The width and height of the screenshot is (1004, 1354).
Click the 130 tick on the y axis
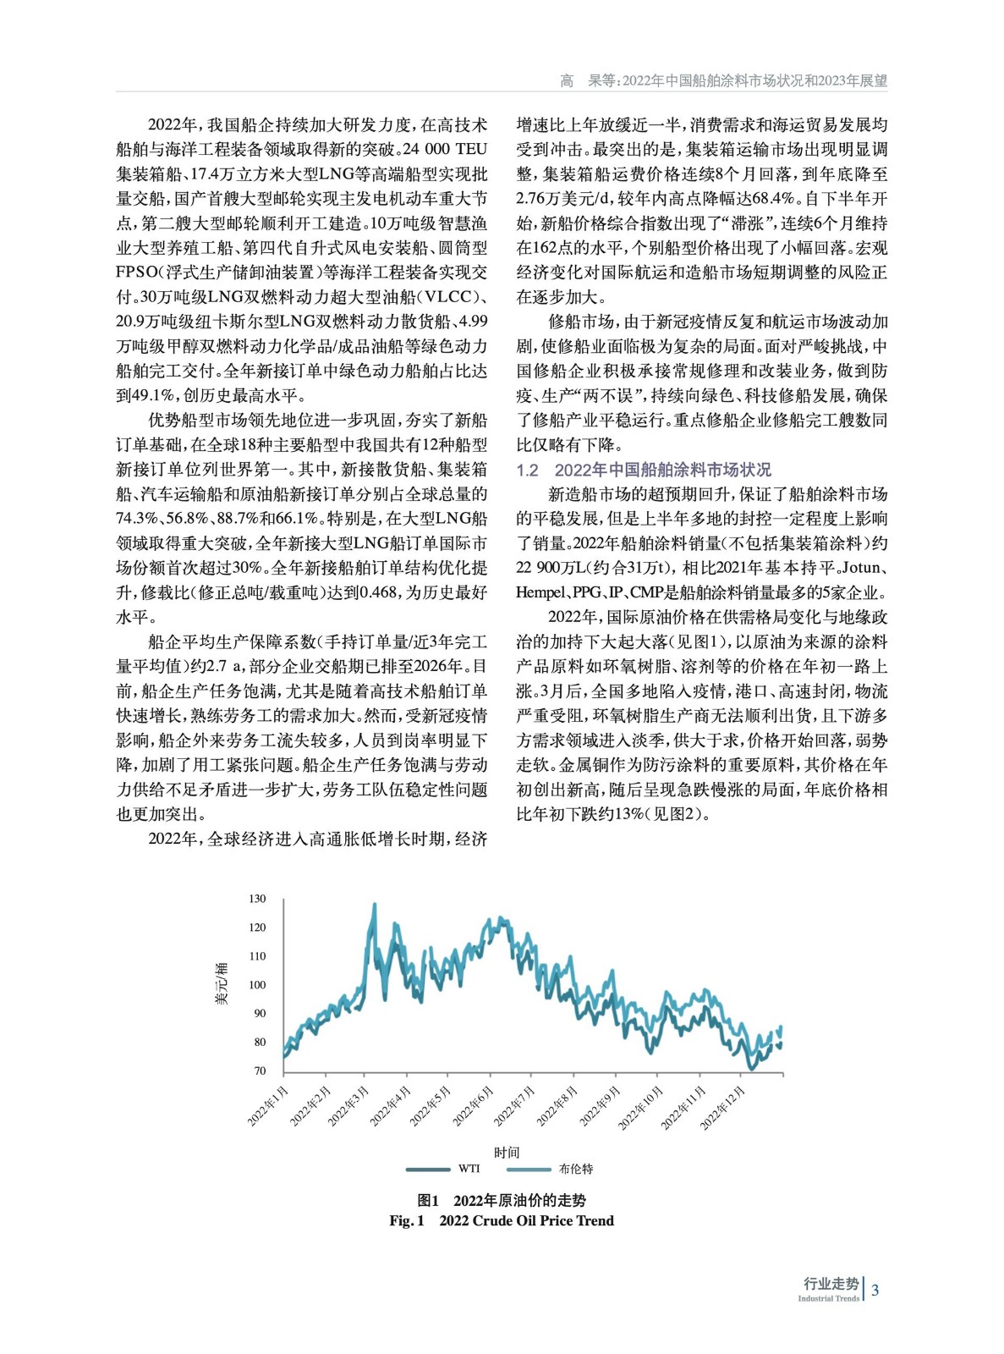(x=257, y=899)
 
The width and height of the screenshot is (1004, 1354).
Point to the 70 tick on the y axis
(x=259, y=1071)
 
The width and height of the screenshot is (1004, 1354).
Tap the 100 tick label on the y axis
(x=257, y=985)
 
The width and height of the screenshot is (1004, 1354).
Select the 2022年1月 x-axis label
(x=268, y=1105)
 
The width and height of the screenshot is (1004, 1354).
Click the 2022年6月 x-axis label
(x=473, y=1105)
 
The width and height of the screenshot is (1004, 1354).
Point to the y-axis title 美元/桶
(x=222, y=984)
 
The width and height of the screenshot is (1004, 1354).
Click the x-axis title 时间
(x=507, y=1152)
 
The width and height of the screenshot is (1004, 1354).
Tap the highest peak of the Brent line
(x=375, y=905)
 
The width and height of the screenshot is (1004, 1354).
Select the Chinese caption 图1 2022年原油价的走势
(x=502, y=1200)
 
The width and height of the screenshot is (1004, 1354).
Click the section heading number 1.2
(x=528, y=470)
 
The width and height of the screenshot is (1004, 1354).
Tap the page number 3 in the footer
(x=875, y=1290)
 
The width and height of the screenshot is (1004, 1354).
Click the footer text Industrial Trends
(x=828, y=1298)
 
